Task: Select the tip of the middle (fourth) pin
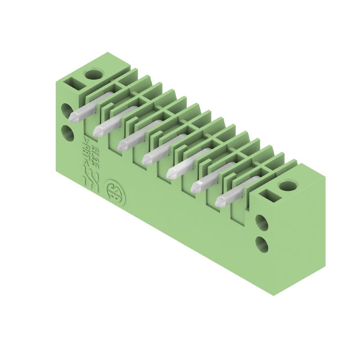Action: [147, 159]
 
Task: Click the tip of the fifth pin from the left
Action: [171, 173]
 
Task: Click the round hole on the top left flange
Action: [94, 73]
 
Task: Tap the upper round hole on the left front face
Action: [67, 110]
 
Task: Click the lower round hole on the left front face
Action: [67, 133]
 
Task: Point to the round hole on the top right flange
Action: [285, 184]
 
